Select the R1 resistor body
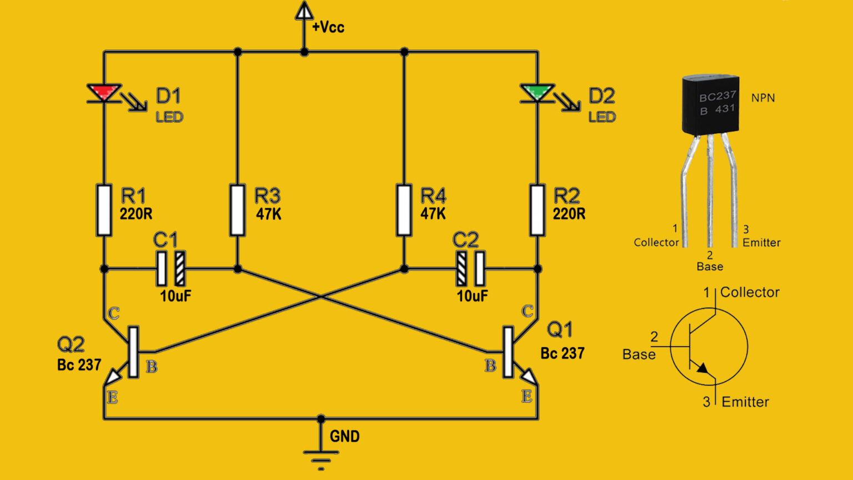coord(104,210)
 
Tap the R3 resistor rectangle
coord(237,210)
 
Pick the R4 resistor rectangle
coord(404,210)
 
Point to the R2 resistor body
coord(537,210)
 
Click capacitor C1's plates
coord(170,268)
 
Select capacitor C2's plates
coord(470,268)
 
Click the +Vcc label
coord(328,27)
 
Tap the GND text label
coord(344,437)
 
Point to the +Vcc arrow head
coord(304,11)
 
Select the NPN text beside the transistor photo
coord(762,98)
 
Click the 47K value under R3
coord(268,214)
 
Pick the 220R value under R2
coord(569,214)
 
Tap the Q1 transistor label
coord(559,330)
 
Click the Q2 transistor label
coord(71,345)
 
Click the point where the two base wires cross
coord(320,297)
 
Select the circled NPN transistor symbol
coord(709,347)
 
